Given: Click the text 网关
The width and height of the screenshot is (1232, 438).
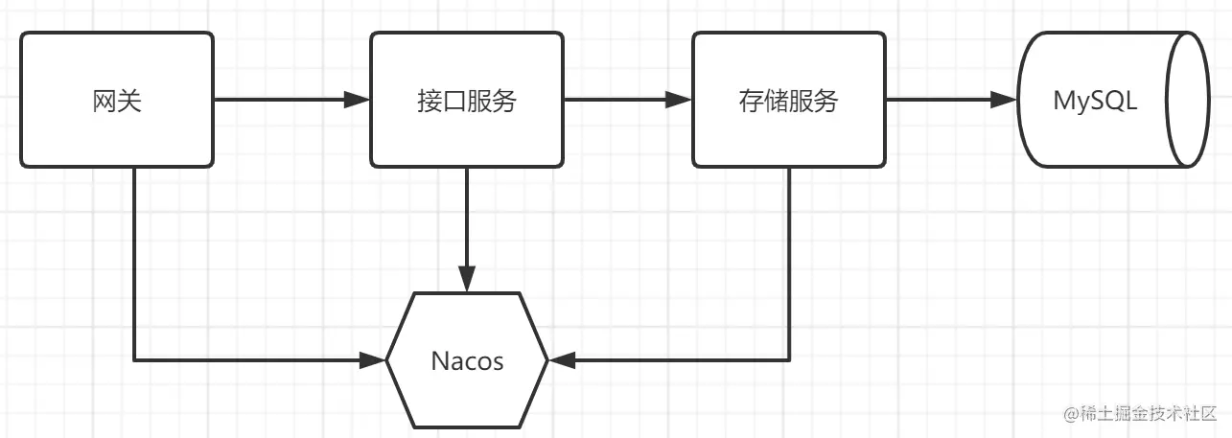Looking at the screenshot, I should (x=117, y=101).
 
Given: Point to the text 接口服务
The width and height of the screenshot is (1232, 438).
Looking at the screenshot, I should (x=467, y=101).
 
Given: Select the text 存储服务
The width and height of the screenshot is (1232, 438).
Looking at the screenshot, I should (x=788, y=101).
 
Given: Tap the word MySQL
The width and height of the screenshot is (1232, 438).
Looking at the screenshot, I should (x=1095, y=101).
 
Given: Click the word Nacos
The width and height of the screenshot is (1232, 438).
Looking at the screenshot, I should (x=467, y=361).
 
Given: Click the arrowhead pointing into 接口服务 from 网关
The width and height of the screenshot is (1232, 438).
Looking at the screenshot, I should (x=358, y=100).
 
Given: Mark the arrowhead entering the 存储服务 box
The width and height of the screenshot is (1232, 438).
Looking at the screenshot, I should (x=679, y=100).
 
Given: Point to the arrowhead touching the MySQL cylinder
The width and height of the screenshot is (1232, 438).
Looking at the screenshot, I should (x=1004, y=100).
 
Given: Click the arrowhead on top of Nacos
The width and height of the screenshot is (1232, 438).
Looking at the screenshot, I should (x=467, y=279).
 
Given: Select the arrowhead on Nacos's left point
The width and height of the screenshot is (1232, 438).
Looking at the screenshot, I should (x=373, y=360).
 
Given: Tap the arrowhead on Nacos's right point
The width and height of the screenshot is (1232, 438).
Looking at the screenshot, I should (x=561, y=360).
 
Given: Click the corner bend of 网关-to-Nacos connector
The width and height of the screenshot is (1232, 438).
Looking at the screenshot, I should (x=134, y=360).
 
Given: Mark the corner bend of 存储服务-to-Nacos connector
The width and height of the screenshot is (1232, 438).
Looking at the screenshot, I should (x=789, y=360).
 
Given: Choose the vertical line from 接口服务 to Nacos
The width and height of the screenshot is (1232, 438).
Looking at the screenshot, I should (x=467, y=220).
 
